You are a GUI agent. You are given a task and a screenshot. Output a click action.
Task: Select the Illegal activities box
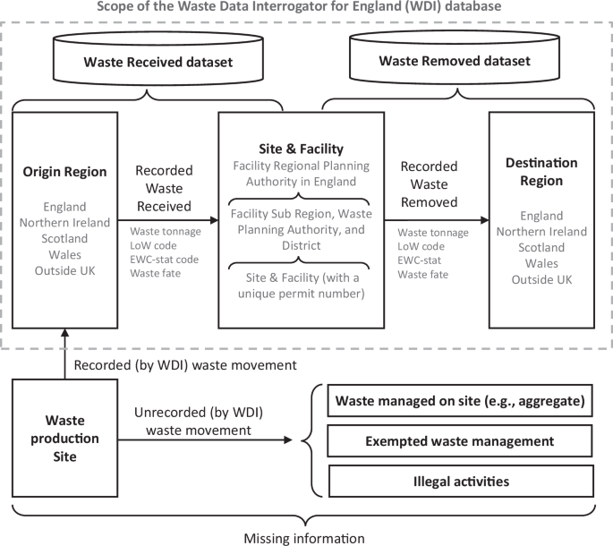461,482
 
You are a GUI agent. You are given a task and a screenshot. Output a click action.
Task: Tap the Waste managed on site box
461,402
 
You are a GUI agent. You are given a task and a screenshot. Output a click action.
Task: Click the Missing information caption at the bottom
304,537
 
